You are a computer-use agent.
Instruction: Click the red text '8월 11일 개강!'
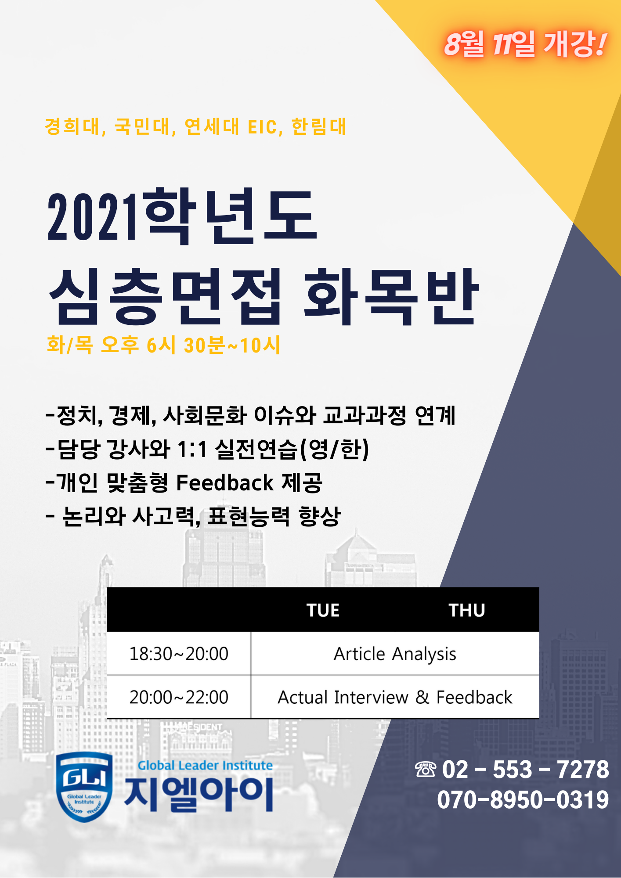coord(525,44)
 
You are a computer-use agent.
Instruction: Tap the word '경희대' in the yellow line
coord(72,126)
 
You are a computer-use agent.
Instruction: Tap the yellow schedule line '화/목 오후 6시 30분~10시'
coord(163,345)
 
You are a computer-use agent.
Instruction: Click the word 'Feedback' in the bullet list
coord(225,482)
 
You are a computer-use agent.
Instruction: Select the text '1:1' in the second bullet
coord(192,449)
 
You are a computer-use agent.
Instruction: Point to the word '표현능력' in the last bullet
coord(249,516)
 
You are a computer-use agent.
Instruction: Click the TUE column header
coord(323,610)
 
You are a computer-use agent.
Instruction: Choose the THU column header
coord(467,610)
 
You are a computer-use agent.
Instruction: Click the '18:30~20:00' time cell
coord(179,654)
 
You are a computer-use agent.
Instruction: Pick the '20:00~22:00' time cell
coord(179,697)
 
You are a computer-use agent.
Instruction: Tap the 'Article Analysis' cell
coord(395,654)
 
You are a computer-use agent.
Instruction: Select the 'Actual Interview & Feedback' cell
coord(395,697)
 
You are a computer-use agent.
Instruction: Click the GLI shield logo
coord(84,787)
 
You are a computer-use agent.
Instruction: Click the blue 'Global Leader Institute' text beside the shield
coord(205,765)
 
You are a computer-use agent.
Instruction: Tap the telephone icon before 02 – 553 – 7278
coord(425,770)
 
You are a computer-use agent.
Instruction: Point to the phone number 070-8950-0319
coord(523,799)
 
